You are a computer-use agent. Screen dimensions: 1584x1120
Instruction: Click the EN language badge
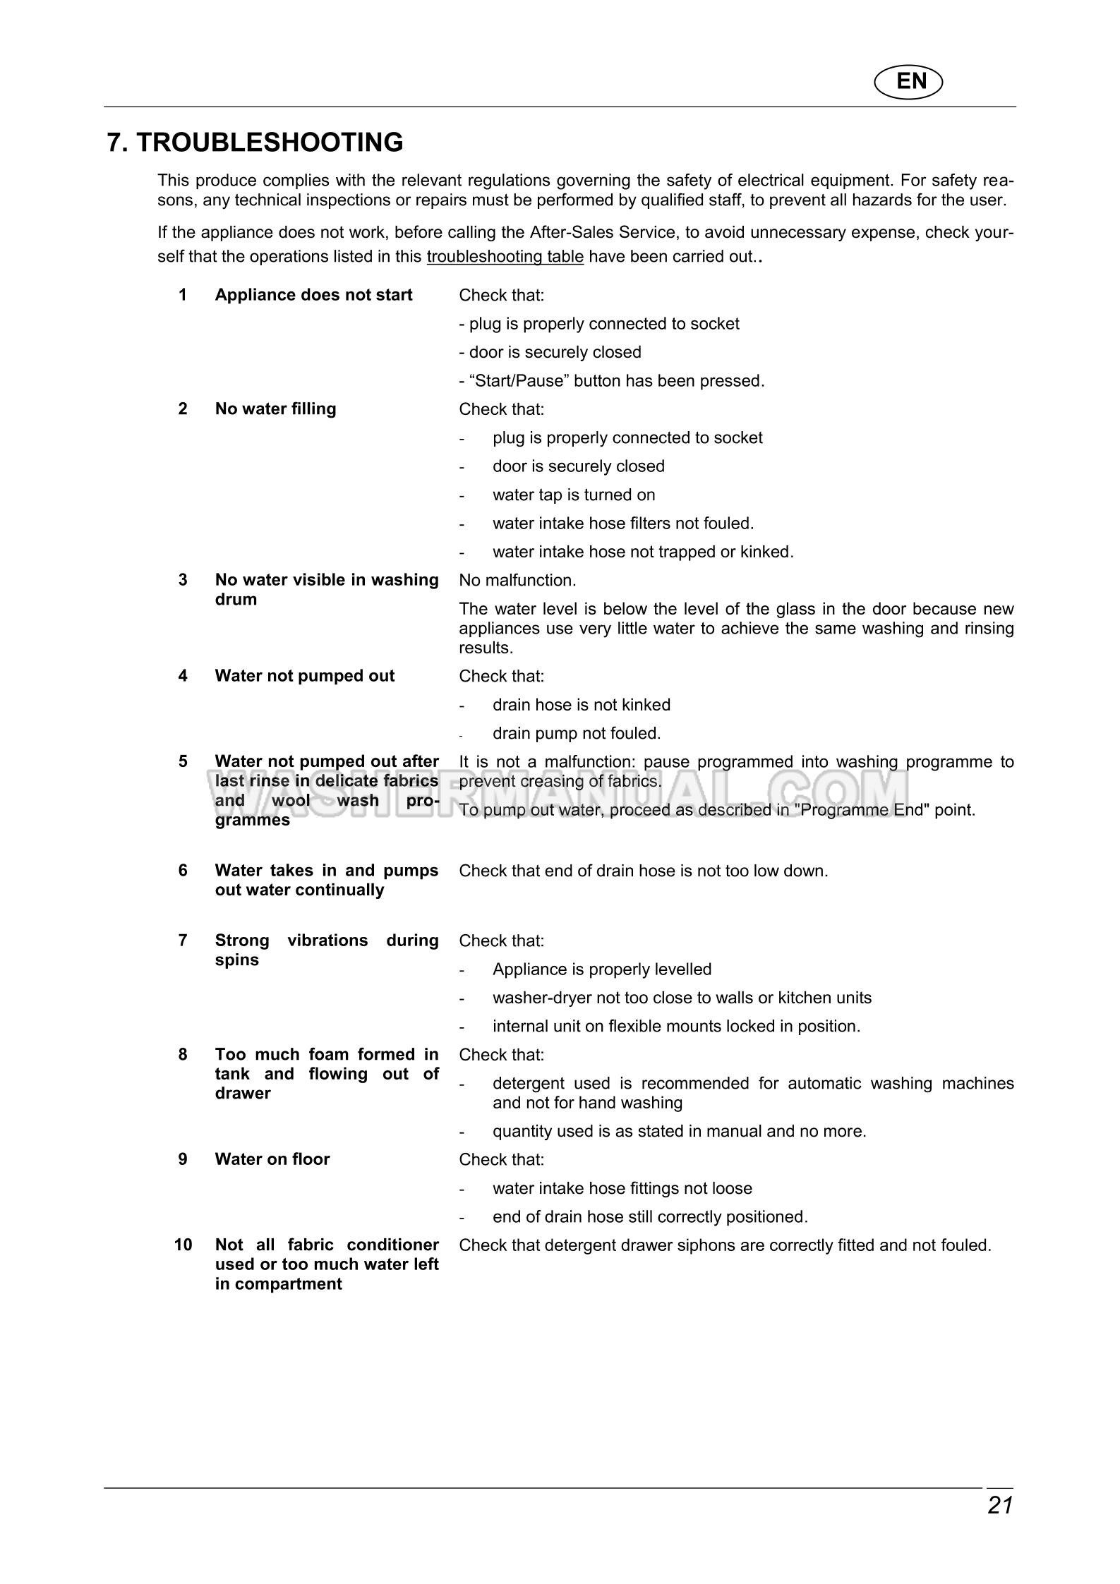pyautogui.click(x=909, y=82)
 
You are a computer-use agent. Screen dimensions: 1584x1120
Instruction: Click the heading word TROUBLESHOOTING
pyautogui.click(x=270, y=143)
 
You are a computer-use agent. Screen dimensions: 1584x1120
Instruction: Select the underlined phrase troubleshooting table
pyautogui.click(x=505, y=257)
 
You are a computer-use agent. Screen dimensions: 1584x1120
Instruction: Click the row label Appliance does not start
pyautogui.click(x=313, y=295)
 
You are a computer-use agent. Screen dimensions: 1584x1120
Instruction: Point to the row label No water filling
pyautogui.click(x=275, y=409)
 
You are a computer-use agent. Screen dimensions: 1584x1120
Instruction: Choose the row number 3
pyautogui.click(x=183, y=580)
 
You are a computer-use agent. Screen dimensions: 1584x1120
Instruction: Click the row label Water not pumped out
pyautogui.click(x=304, y=676)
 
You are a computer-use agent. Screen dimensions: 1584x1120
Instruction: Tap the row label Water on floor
pyautogui.click(x=272, y=1159)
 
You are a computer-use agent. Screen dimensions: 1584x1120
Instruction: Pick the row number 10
pyautogui.click(x=183, y=1245)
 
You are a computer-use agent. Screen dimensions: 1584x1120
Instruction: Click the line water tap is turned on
pyautogui.click(x=573, y=495)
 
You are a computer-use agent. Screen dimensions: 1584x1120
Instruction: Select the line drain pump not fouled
pyautogui.click(x=576, y=734)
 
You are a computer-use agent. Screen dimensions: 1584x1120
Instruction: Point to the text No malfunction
pyautogui.click(x=517, y=581)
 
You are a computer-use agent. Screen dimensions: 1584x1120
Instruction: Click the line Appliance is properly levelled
pyautogui.click(x=601, y=969)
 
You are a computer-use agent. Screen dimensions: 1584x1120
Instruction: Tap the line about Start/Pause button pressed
pyautogui.click(x=611, y=381)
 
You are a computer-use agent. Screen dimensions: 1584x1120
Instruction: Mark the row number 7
pyautogui.click(x=183, y=941)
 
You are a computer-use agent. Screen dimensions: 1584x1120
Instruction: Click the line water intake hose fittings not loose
pyautogui.click(x=622, y=1188)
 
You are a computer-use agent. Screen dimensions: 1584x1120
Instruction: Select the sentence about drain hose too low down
pyautogui.click(x=643, y=871)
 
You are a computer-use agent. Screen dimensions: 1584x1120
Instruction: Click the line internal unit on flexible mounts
pyautogui.click(x=676, y=1027)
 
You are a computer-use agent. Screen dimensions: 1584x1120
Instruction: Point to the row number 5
pyautogui.click(x=183, y=761)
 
